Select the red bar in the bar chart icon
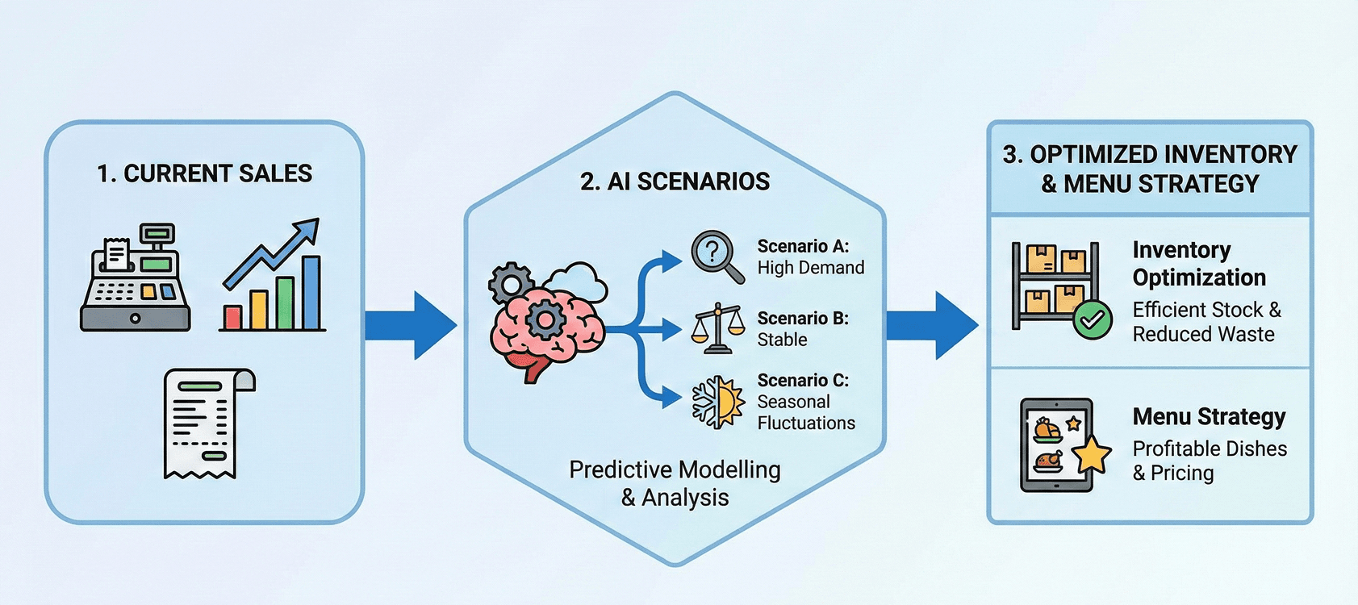[x=232, y=317]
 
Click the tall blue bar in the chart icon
[x=311, y=292]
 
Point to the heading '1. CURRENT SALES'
[x=204, y=173]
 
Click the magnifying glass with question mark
[x=717, y=257]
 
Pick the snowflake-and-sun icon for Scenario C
[x=717, y=401]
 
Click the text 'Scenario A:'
[x=803, y=246]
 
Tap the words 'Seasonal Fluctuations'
[x=805, y=412]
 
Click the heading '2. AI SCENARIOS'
[x=675, y=181]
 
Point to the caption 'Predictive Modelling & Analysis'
[x=675, y=483]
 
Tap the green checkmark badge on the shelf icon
[x=1093, y=321]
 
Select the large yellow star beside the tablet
[x=1091, y=454]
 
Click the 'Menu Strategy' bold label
[x=1209, y=417]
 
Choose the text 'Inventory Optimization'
[x=1199, y=264]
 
